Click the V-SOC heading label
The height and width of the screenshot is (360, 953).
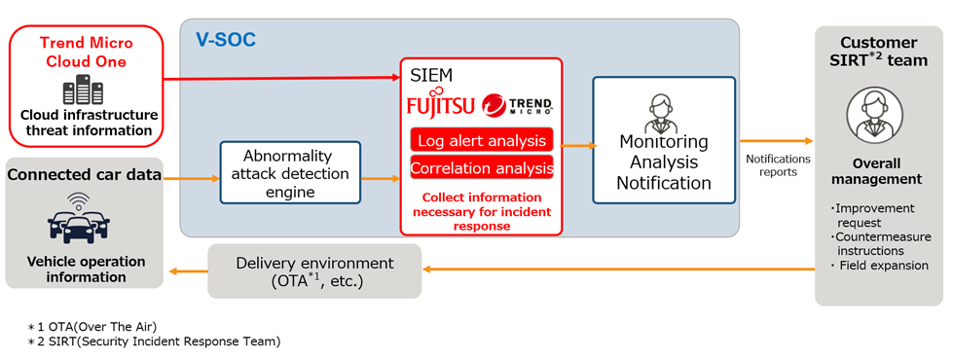click(226, 40)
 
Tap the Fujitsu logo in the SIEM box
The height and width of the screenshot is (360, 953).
click(441, 106)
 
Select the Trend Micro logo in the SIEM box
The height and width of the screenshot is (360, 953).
click(517, 106)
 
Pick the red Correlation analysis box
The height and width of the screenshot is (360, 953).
click(482, 167)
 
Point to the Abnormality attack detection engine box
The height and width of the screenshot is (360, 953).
click(290, 172)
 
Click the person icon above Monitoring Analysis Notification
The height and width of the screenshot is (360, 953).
click(663, 114)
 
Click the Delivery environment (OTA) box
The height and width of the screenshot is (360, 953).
click(314, 270)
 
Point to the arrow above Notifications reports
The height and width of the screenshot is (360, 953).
click(776, 141)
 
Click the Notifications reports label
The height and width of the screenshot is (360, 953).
click(778, 165)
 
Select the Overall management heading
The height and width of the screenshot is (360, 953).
click(876, 172)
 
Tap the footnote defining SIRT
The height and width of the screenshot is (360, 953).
click(154, 342)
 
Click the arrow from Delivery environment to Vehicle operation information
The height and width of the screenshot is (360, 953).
click(189, 270)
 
